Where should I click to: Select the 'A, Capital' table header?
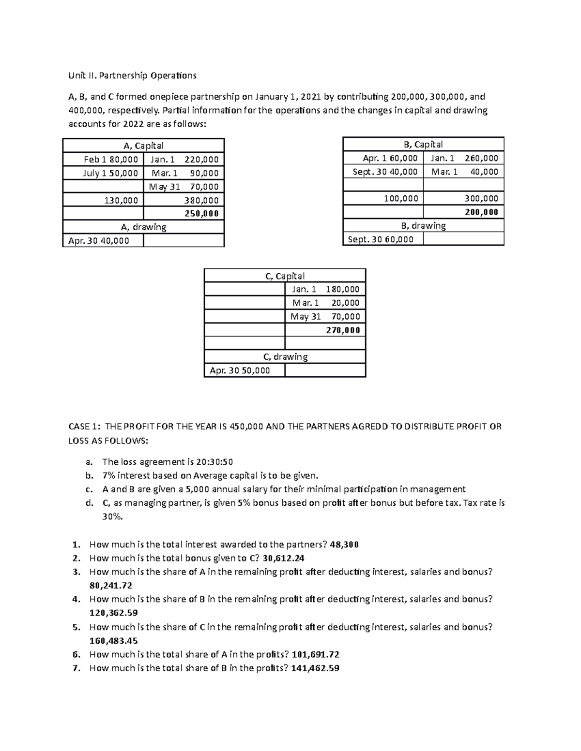(143, 146)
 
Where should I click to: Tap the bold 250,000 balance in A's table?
(201, 213)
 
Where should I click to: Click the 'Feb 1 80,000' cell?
(110, 159)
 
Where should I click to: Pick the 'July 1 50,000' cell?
(110, 173)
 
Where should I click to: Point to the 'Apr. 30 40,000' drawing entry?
(99, 240)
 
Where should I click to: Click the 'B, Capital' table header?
(423, 144)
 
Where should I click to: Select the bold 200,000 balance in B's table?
(481, 212)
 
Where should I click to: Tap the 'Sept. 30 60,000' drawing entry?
(381, 239)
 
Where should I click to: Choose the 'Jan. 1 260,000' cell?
(464, 158)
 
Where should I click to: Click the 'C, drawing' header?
(285, 357)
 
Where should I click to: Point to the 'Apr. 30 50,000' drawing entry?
(240, 370)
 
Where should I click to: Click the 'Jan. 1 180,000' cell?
(325, 289)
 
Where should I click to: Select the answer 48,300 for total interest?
(344, 545)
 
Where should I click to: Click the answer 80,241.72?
(111, 585)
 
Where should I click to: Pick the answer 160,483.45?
(113, 641)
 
